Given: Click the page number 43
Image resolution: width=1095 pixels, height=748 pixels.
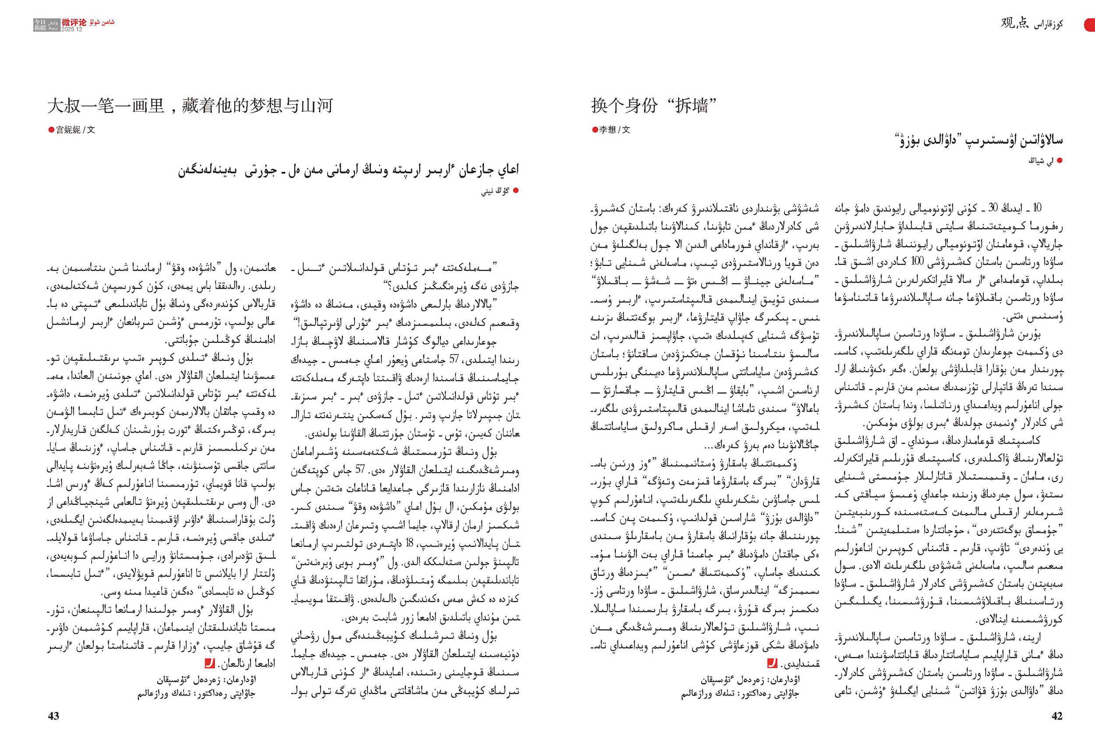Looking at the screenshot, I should coord(54,716).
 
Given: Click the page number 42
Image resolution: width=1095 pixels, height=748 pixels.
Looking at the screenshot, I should coord(1057,716).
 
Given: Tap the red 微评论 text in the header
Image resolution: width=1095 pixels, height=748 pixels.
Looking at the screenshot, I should coord(74,22).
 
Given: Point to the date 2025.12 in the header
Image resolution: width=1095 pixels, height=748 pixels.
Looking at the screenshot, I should coord(72,29).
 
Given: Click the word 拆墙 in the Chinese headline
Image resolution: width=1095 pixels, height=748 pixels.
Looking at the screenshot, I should coord(692,106).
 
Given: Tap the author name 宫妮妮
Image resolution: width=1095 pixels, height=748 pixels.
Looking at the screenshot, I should coord(68,130).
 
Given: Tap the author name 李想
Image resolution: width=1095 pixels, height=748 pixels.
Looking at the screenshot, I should coord(608,130).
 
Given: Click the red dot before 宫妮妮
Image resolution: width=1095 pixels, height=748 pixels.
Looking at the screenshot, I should coord(51,130).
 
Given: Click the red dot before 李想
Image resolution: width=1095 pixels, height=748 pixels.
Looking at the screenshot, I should coord(595,130).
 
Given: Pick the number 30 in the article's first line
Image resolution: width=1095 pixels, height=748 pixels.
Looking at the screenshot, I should coord(993,208).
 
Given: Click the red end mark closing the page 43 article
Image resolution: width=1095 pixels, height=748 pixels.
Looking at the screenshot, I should coord(210,663).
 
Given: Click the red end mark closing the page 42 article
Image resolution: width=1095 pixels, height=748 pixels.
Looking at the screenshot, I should coord(772,663).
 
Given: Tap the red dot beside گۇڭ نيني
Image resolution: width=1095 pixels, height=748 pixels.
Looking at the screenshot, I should coord(516,191).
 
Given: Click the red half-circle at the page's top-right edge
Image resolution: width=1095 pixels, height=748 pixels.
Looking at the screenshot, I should coord(1090,25).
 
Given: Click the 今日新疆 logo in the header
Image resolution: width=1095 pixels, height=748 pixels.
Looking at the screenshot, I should coord(40,25).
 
